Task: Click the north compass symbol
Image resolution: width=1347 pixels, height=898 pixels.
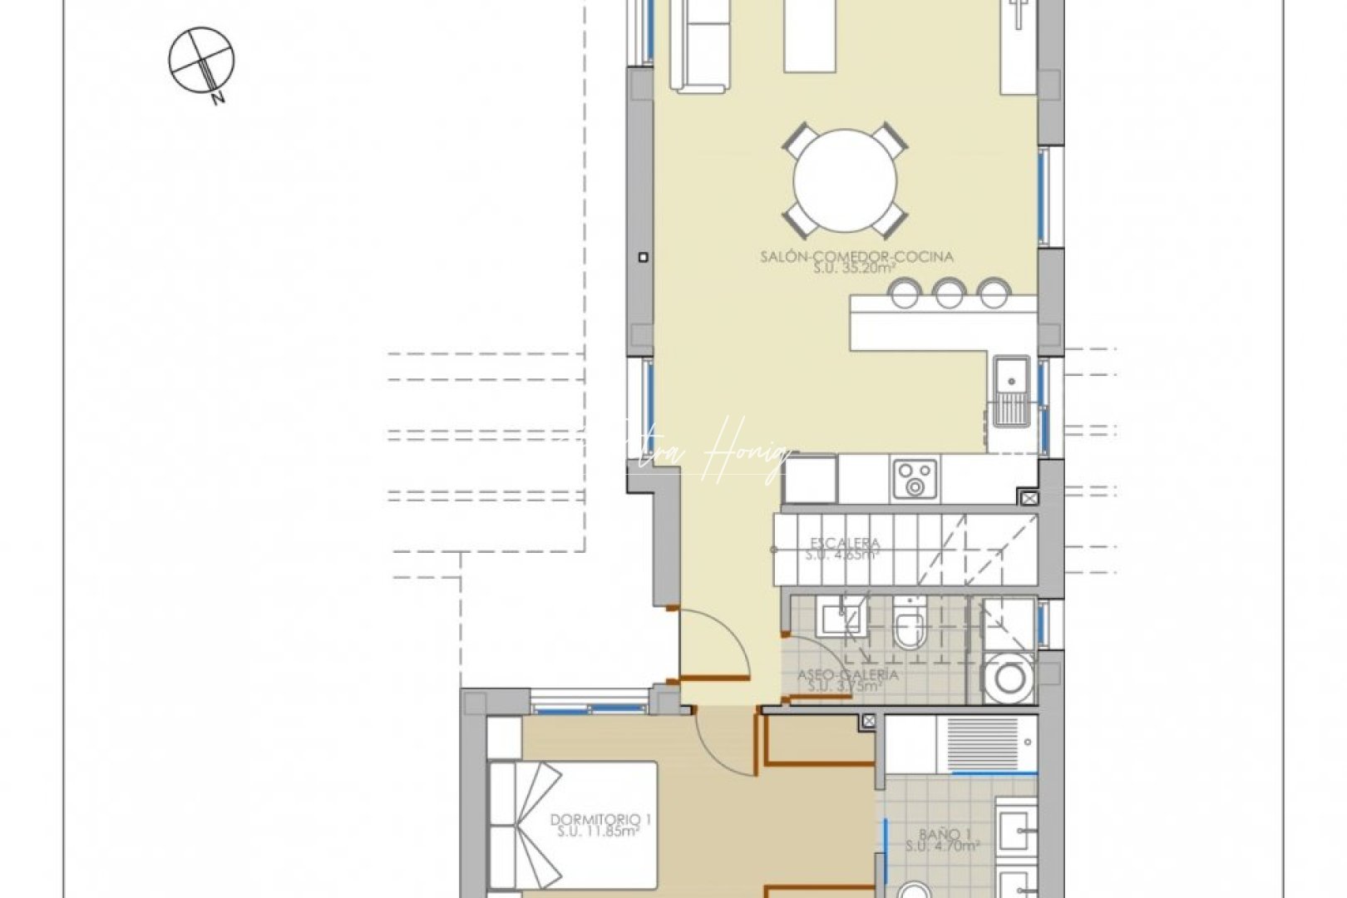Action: tap(201, 60)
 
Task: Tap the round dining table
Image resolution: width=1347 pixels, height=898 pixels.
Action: tap(845, 180)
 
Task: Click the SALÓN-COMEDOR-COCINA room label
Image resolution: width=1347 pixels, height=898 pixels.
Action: tap(856, 257)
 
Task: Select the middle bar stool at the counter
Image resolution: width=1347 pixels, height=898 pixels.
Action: tap(948, 293)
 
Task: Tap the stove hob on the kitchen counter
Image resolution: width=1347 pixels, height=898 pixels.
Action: tap(915, 479)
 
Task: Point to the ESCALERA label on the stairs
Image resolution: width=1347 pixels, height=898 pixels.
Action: tap(845, 544)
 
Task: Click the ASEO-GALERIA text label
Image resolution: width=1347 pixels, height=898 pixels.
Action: tap(847, 674)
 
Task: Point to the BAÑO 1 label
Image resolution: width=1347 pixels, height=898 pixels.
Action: tap(945, 834)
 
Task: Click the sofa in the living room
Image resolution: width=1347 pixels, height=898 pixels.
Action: tap(700, 46)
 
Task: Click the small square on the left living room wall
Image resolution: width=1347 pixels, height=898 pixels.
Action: tap(643, 258)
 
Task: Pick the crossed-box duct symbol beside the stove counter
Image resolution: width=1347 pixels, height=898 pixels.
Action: tap(1029, 498)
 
